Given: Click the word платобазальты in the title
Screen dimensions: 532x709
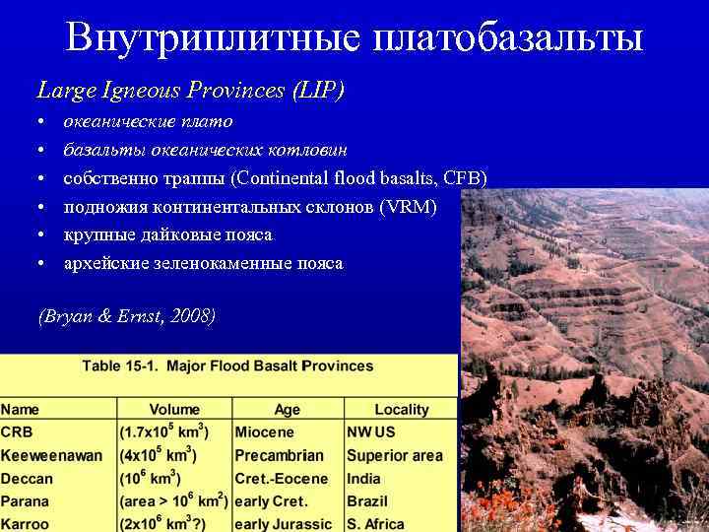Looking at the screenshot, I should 508,37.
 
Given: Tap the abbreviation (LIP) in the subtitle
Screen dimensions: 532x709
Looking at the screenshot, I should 318,91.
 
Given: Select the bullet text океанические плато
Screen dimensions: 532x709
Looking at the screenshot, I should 149,122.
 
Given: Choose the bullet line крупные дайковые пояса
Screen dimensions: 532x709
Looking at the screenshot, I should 168,235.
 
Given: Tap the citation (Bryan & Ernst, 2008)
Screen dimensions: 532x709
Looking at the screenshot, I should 126,316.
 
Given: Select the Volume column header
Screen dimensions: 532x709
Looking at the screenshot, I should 174,409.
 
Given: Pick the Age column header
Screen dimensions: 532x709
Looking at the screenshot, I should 288,409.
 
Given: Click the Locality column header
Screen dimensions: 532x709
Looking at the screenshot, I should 402,409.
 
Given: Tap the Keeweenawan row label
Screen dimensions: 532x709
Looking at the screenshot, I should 51,456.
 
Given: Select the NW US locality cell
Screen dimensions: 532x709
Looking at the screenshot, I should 370,432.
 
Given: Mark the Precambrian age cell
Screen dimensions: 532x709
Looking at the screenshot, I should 279,456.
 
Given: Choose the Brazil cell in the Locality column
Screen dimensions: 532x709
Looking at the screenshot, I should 366,501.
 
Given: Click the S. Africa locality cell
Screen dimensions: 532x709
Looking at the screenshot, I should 377,524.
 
